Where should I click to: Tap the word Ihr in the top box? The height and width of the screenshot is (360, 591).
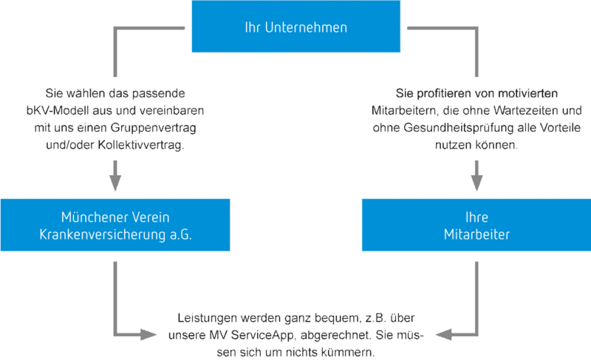click(253, 27)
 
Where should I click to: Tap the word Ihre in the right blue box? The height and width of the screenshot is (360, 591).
click(476, 218)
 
